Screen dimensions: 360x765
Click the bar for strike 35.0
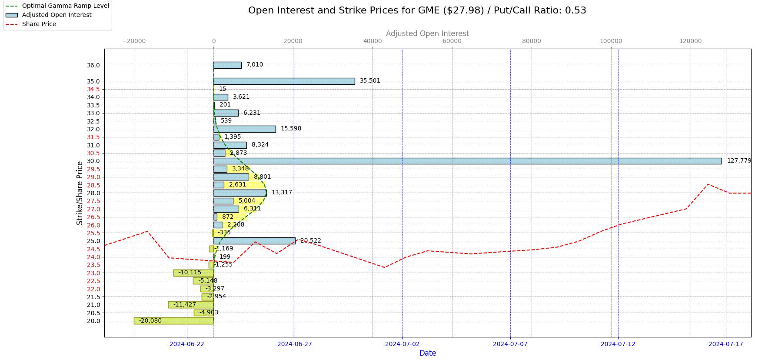pos(284,81)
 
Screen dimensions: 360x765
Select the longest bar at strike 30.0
pos(467,161)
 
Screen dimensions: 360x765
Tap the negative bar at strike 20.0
pos(173,321)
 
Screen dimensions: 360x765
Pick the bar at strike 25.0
pos(254,241)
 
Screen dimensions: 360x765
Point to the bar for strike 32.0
pos(244,129)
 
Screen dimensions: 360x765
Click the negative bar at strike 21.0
pos(191,305)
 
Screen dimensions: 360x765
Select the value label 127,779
pos(739,161)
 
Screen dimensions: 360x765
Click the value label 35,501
pos(370,81)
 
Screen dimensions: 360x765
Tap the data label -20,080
pos(150,321)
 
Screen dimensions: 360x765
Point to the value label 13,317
pos(282,193)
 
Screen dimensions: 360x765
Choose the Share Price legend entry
pos(39,24)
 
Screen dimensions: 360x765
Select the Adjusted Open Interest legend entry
pos(57,15)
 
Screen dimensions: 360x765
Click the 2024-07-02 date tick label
pos(402,344)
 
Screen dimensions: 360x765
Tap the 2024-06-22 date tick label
pos(186,344)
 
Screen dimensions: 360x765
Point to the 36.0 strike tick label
pos(93,65)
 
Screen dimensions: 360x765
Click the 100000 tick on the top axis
pos(611,41)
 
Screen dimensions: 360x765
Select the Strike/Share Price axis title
pos(80,193)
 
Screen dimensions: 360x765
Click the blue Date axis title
pos(428,353)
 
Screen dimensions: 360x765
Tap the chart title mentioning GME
pos(417,10)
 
